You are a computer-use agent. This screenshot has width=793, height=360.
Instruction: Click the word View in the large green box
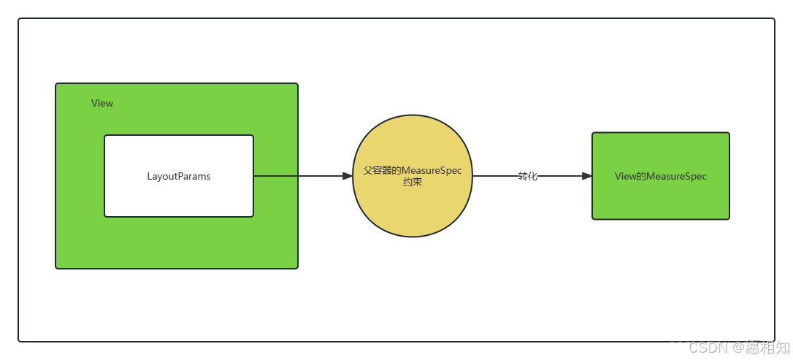(x=102, y=103)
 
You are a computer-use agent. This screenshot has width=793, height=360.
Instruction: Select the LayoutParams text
(x=179, y=176)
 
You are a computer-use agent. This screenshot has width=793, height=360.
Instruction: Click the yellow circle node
(x=413, y=212)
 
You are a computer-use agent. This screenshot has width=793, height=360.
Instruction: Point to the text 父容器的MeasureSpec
(x=413, y=170)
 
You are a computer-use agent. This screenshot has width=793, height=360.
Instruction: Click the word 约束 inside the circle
(x=413, y=183)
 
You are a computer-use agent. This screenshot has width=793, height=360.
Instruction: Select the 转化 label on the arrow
(x=528, y=176)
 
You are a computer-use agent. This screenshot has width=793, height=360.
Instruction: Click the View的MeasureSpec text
(x=661, y=176)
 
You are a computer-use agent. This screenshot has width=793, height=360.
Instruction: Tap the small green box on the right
(x=661, y=201)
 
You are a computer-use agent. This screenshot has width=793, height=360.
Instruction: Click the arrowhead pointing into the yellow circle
(x=348, y=176)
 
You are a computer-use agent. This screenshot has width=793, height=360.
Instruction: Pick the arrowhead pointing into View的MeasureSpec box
(x=586, y=176)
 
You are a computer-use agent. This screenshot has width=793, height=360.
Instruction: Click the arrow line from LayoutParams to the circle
(x=299, y=176)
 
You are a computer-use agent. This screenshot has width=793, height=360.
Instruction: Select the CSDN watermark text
(x=705, y=346)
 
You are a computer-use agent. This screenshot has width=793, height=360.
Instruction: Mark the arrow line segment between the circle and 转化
(x=495, y=176)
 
